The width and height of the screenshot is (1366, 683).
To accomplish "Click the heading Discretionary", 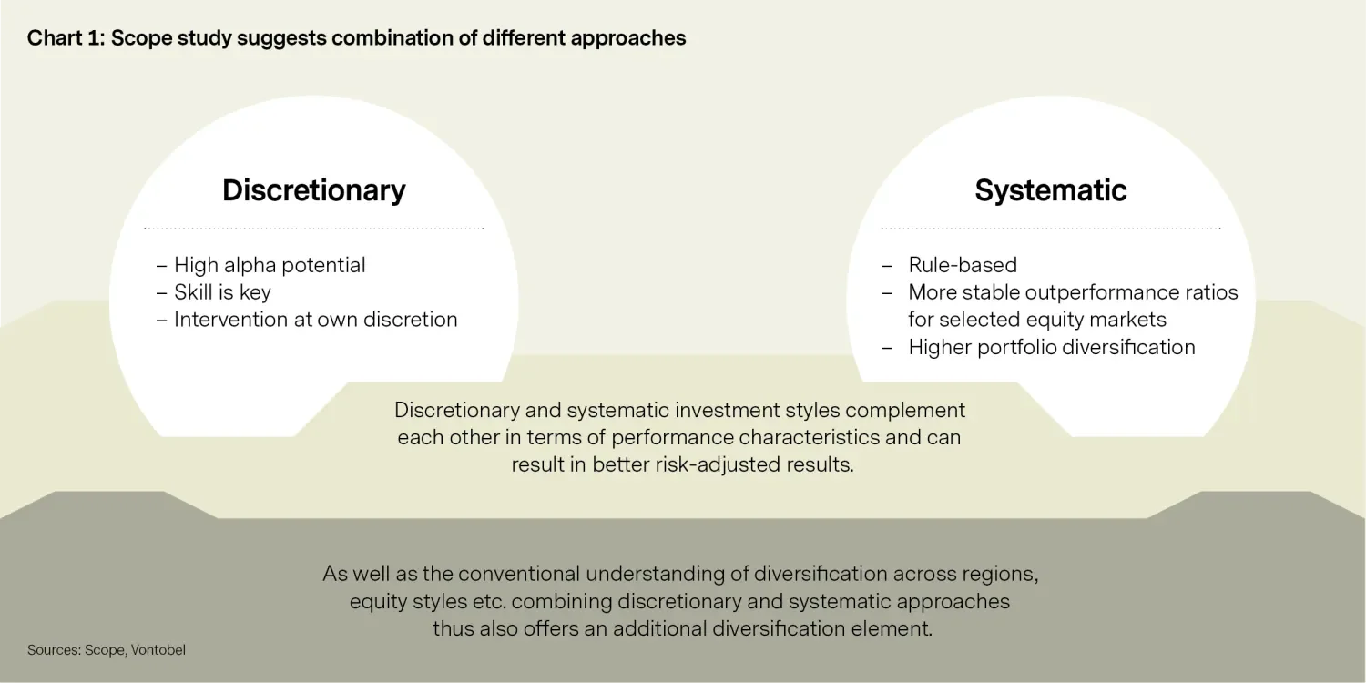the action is (x=313, y=190).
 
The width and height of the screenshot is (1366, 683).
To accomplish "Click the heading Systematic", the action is (x=1051, y=190).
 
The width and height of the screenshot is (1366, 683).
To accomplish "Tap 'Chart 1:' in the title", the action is (x=66, y=38).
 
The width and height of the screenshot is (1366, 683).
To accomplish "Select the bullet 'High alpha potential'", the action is (x=270, y=266).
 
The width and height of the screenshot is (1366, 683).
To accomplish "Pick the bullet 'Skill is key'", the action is (x=222, y=292).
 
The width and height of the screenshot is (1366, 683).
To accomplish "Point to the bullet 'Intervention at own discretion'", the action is (x=315, y=320).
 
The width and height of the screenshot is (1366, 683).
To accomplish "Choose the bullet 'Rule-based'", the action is (x=963, y=265).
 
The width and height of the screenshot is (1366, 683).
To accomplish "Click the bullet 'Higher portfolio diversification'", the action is (x=1051, y=348).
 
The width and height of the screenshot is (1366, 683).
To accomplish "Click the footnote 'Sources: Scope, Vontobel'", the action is (x=107, y=650).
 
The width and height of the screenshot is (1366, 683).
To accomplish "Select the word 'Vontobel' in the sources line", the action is (x=158, y=650).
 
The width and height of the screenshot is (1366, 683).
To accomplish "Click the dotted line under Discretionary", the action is (x=313, y=229).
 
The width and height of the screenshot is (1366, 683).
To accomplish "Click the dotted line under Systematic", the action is (x=1051, y=229).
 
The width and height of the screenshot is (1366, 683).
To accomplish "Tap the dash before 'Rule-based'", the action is (x=887, y=266).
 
